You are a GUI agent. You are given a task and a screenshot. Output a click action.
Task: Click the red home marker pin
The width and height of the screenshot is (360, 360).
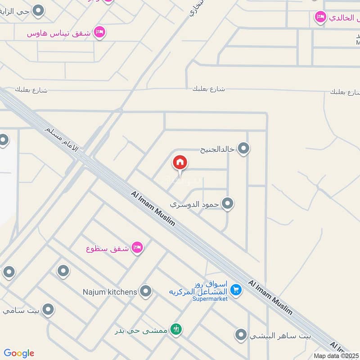180,163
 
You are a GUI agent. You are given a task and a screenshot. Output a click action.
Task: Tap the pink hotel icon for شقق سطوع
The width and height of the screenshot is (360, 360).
137,248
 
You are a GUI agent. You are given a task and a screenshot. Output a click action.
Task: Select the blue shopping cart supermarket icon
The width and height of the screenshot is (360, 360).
236,289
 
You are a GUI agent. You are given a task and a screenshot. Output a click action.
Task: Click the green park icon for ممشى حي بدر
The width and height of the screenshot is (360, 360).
177,329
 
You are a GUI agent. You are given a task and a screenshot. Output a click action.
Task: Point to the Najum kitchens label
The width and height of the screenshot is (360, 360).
110,292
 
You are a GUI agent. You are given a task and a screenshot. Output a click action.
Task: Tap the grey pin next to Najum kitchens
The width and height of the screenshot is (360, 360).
145,292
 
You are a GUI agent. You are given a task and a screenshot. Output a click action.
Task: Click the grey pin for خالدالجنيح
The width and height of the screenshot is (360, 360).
243,148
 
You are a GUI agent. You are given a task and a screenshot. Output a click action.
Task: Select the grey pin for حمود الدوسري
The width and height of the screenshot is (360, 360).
228,204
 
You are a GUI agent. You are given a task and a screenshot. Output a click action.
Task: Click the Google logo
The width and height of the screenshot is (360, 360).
19,353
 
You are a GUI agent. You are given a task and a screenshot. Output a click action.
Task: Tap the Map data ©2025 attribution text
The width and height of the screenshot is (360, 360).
337,355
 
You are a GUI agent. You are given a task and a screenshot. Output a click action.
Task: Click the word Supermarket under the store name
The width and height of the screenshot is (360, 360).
210,298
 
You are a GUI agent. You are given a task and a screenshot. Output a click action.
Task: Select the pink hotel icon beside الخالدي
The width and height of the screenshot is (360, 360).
320,18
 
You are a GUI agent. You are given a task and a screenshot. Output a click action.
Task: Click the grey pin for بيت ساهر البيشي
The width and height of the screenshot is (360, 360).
241,334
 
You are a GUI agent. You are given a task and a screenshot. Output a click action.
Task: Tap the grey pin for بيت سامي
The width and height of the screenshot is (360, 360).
48,310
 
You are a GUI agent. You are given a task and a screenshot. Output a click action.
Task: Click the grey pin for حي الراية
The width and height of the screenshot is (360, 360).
39,10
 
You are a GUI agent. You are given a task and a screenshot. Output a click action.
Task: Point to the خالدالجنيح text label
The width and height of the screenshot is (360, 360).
218,148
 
